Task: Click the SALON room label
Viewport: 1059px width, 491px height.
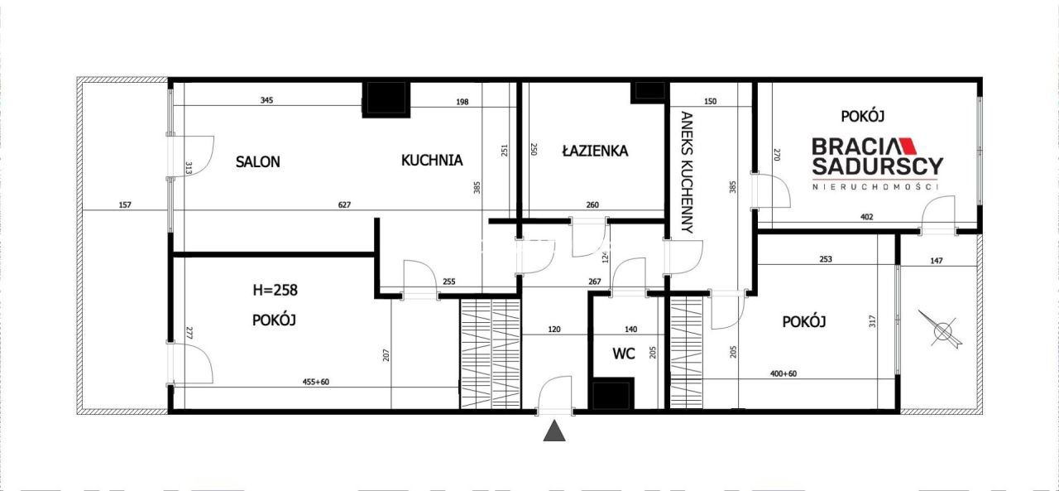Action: (x=257, y=161)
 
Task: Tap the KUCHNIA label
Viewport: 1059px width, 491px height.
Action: (x=432, y=161)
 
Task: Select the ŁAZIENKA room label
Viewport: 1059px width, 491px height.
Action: (x=594, y=151)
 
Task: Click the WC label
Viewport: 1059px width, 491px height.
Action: (x=624, y=354)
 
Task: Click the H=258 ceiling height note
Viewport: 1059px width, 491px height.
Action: (x=275, y=291)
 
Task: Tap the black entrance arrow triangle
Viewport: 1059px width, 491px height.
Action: (x=554, y=431)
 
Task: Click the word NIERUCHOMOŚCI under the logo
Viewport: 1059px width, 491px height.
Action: (x=877, y=187)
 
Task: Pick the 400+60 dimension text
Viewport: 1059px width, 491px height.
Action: (x=784, y=374)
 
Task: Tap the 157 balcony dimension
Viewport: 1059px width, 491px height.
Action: (x=125, y=205)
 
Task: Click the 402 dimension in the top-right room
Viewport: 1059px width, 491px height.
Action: (x=867, y=218)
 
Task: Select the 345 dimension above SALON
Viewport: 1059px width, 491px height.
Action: (x=266, y=101)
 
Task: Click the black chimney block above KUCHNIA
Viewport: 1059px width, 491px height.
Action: (x=386, y=99)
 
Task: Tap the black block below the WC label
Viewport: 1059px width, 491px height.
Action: (x=611, y=394)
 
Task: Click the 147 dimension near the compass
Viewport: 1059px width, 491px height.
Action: (x=936, y=261)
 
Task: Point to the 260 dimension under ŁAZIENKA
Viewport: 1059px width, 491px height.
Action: (x=593, y=205)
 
